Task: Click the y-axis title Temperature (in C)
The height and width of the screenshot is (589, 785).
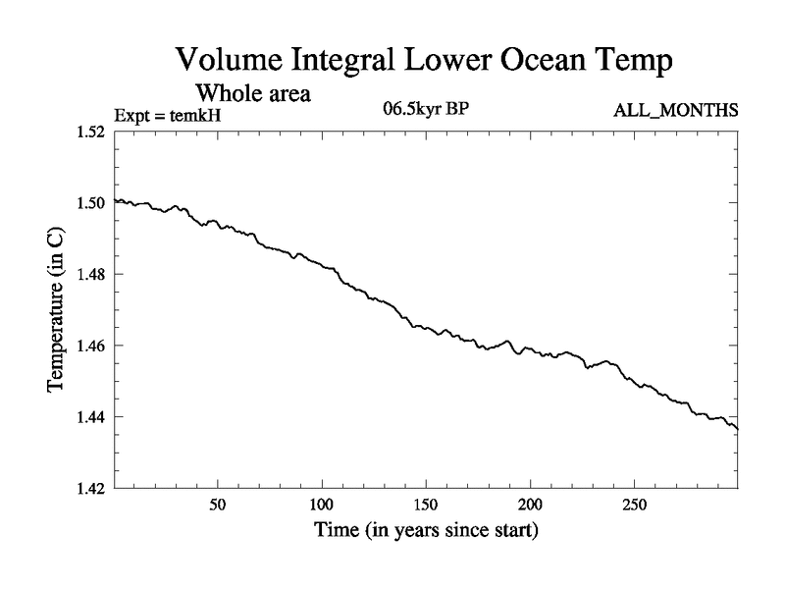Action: (56, 309)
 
